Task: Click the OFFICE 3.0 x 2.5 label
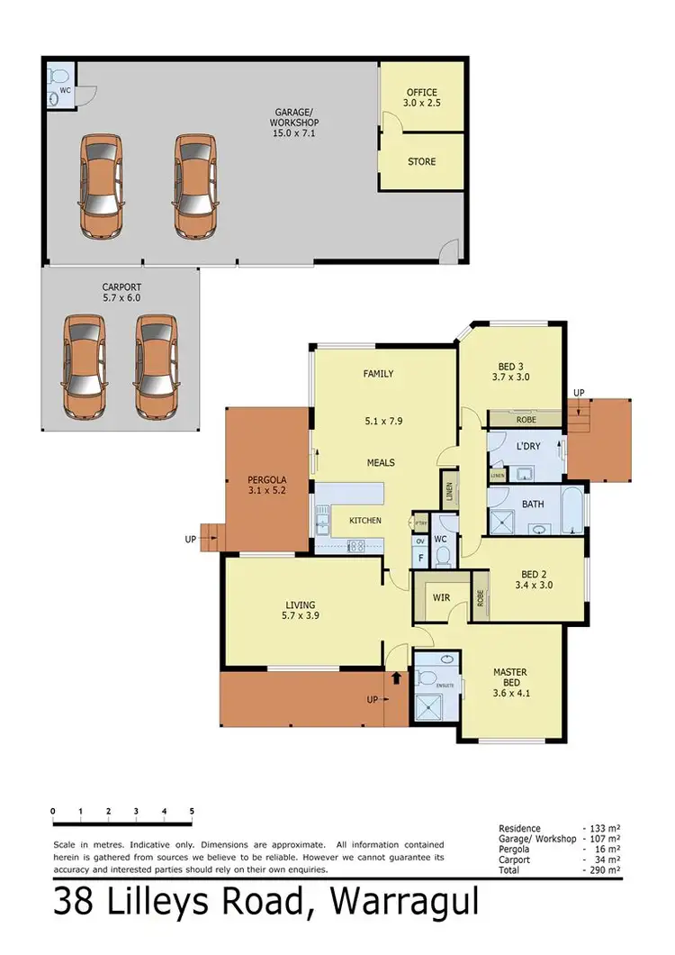421,98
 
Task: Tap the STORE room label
421,162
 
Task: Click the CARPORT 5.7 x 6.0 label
121,292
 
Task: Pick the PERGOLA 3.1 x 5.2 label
267,487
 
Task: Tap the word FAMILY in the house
378,374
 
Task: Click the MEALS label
380,463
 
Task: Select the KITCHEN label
365,521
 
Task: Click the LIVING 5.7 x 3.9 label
301,611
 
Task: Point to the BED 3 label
510,372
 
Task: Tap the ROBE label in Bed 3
526,419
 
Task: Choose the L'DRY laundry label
527,447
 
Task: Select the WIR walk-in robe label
440,596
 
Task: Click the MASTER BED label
509,678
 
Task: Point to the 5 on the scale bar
192,812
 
